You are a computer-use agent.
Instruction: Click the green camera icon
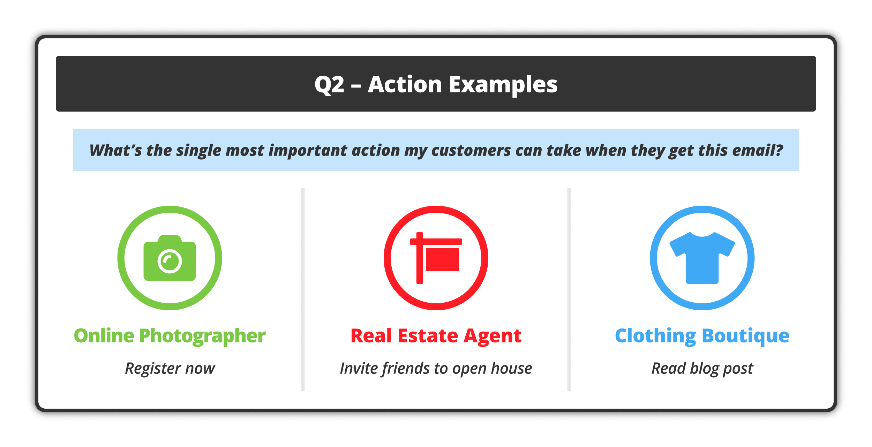point(170,258)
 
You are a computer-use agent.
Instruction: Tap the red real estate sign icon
point(436,258)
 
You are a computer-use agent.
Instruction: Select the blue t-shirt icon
point(702,258)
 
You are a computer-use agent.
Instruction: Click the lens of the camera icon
point(170,261)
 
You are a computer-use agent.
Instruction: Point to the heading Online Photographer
point(170,336)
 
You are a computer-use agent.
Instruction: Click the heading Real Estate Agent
point(436,336)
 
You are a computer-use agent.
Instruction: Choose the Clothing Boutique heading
point(702,336)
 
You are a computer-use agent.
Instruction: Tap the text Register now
point(170,369)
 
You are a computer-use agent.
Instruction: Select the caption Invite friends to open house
point(436,369)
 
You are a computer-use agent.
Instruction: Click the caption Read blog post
point(702,369)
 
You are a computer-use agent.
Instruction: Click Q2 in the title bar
point(330,85)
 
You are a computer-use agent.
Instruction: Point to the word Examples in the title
point(503,85)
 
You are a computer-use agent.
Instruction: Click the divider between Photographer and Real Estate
point(303,290)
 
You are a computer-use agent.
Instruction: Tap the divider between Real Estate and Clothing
point(569,290)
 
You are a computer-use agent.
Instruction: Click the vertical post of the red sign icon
point(420,258)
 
